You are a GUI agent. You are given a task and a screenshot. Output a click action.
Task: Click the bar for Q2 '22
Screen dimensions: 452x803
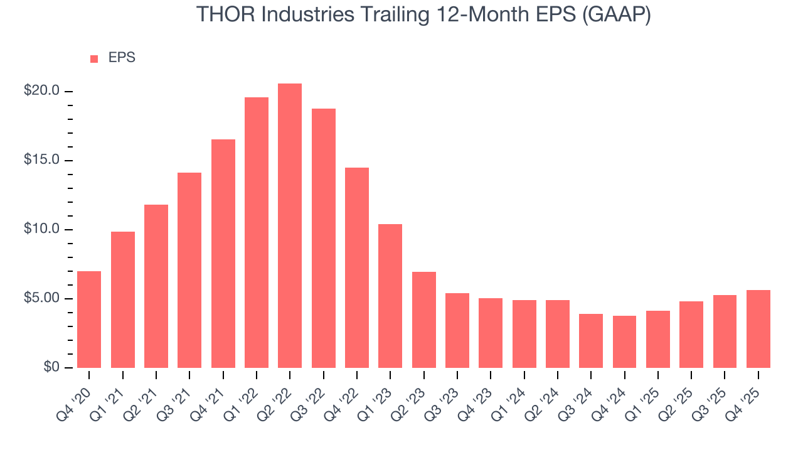point(290,226)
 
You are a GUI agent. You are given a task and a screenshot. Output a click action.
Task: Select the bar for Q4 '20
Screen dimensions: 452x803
point(89,320)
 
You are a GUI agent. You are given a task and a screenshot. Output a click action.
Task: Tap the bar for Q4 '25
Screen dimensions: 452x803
point(758,329)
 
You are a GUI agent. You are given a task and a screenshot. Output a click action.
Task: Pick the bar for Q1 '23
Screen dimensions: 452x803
point(390,296)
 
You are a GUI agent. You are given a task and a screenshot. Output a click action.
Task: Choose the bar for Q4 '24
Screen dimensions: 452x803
point(624,342)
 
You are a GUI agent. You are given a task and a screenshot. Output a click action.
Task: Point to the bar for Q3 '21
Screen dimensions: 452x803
point(189,270)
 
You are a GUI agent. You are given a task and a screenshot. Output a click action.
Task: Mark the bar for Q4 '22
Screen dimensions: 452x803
point(357,267)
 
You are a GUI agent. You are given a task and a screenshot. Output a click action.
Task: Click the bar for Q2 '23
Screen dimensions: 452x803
point(423,320)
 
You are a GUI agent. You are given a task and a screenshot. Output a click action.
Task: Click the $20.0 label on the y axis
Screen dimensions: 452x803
point(41,91)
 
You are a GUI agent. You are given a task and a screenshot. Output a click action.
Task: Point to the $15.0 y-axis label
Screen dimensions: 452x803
point(41,160)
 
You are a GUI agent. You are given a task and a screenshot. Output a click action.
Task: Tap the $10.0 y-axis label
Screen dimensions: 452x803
point(41,229)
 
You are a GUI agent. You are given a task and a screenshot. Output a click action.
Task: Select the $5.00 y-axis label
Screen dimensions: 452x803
point(41,298)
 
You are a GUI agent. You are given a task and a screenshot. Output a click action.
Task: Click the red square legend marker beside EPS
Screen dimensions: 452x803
point(94,59)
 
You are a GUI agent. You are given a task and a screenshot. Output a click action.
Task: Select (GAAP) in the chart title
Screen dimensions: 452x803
point(616,14)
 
